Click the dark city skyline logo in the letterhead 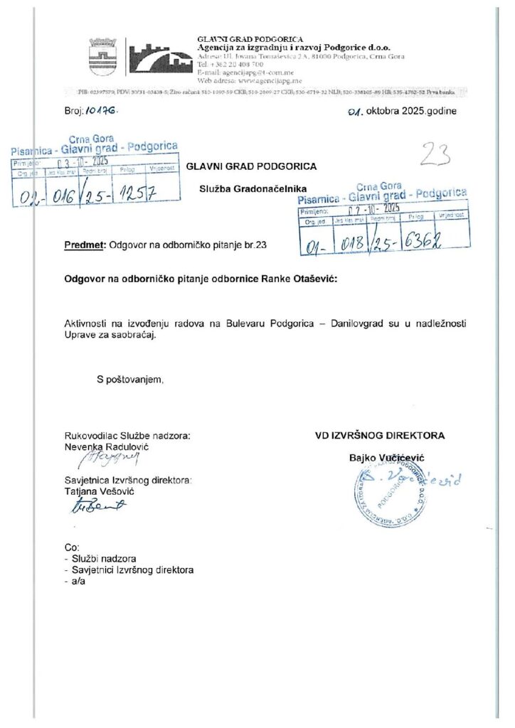(x=160, y=57)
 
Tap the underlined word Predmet (x=84, y=245)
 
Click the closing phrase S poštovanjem (x=130, y=380)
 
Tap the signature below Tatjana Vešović (x=99, y=505)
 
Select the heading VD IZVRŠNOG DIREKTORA (x=380, y=435)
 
